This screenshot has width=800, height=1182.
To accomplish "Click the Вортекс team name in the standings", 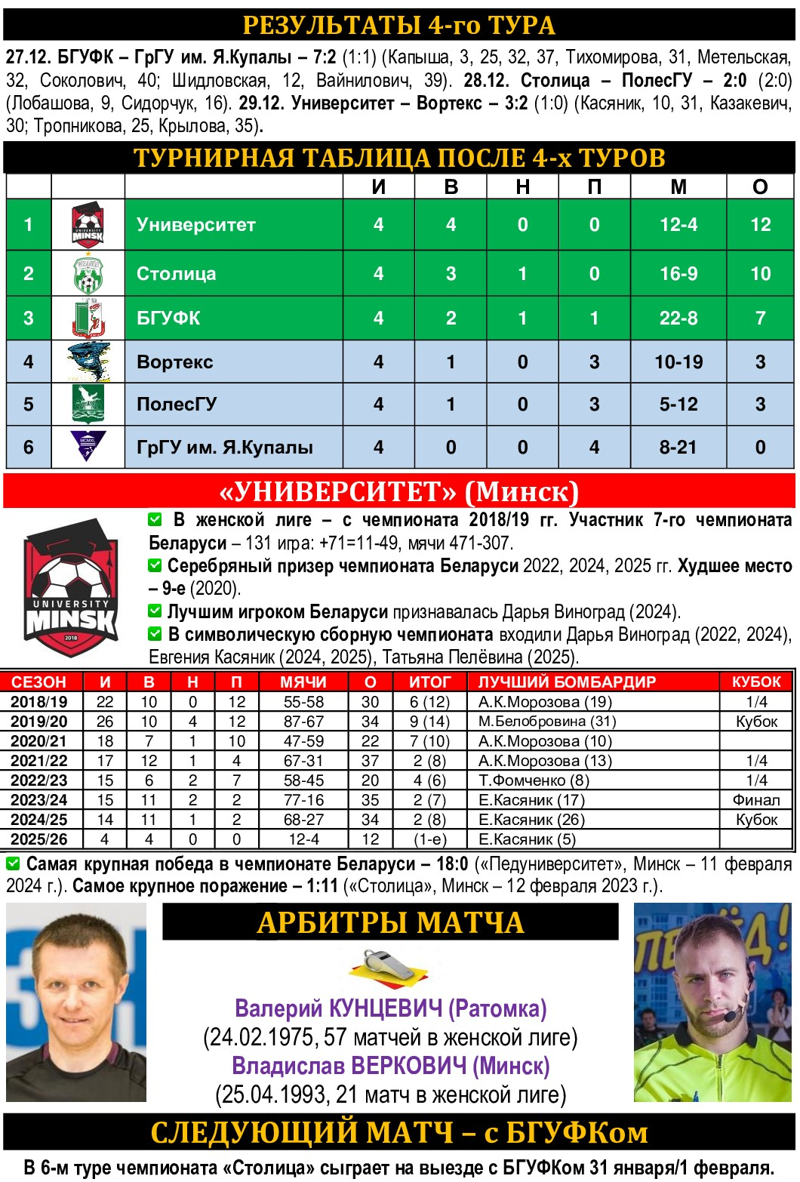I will tap(174, 362).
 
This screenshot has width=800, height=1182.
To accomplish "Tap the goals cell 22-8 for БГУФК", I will tap(678, 319).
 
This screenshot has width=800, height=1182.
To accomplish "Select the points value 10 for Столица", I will tap(760, 274).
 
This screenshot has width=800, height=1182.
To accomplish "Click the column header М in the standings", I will tap(678, 187).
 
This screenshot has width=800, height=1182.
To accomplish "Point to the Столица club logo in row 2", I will tap(88, 274).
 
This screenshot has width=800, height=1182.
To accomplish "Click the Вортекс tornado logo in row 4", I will tap(88, 362).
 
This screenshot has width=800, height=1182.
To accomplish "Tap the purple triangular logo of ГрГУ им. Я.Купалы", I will tap(88, 445).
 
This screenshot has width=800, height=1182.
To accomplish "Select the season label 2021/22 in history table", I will tap(39, 761).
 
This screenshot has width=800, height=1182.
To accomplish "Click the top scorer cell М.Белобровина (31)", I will tap(547, 722).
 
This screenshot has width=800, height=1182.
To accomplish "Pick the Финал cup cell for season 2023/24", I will tap(756, 800).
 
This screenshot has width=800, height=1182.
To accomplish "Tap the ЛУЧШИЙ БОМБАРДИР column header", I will tap(567, 682).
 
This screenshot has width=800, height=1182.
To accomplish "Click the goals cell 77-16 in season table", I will tap(303, 800).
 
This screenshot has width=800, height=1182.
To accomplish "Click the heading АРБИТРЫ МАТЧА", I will tap(390, 922).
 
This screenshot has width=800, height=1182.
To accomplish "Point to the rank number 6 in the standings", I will tap(28, 448).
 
